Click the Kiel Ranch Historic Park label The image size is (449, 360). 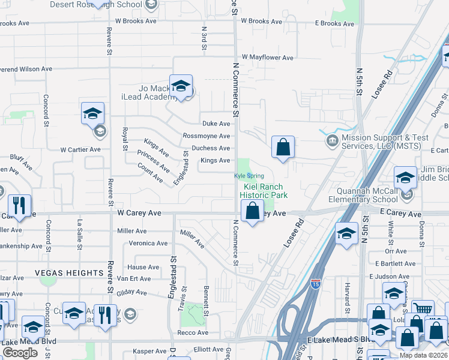click(x=264, y=191)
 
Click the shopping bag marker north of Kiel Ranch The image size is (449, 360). click(x=283, y=147)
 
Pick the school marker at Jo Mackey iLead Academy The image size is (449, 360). click(x=180, y=86)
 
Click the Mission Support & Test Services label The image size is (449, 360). click(x=385, y=142)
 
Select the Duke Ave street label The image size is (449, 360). click(x=216, y=124)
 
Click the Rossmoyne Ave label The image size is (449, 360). click(x=206, y=136)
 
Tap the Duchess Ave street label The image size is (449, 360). click(x=211, y=148)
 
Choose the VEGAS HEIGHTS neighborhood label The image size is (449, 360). click(x=69, y=273)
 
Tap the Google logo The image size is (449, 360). click(x=20, y=353)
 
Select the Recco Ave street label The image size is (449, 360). click(x=192, y=332)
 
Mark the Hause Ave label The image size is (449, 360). click(x=143, y=267)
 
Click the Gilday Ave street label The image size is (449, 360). click(x=132, y=292)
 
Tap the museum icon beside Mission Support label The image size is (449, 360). click(x=331, y=142)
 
